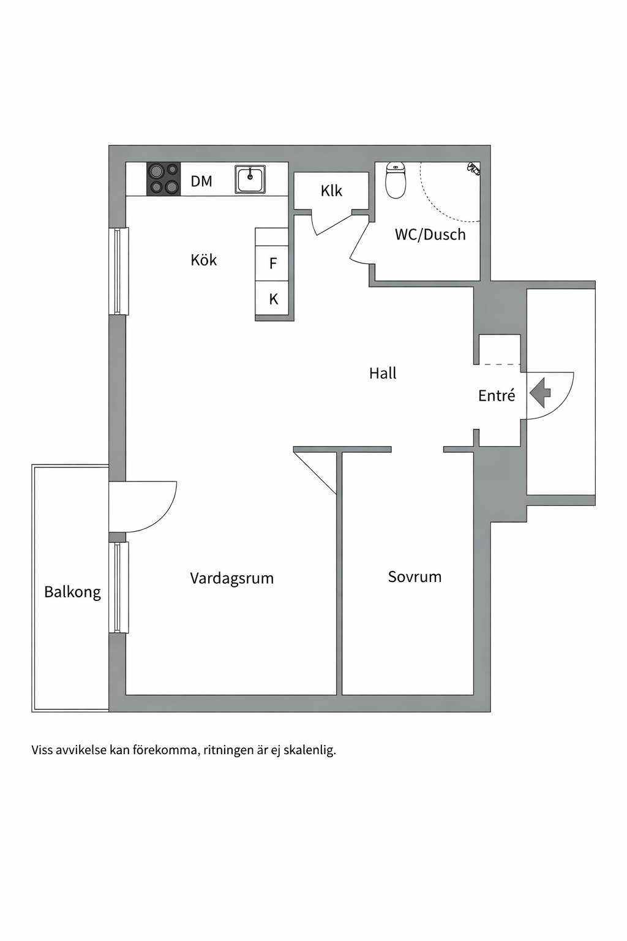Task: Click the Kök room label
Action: pos(204,260)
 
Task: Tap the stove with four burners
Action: pos(163,178)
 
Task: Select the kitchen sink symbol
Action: pos(250,180)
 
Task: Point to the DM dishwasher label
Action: pos(201,181)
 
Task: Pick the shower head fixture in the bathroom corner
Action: pos(474,168)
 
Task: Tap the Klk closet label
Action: pos(331,191)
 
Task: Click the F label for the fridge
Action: pos(273,263)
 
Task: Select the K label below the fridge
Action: pos(273,299)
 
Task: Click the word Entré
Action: pos(497,395)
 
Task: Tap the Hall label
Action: pos(383,373)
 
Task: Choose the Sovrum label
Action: pos(415,576)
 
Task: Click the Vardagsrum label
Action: pos(232,578)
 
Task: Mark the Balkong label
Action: pos(73,592)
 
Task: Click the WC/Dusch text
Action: pos(430,235)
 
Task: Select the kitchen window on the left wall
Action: pos(119,271)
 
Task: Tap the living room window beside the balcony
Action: pos(119,588)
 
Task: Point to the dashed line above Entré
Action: pos(500,365)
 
